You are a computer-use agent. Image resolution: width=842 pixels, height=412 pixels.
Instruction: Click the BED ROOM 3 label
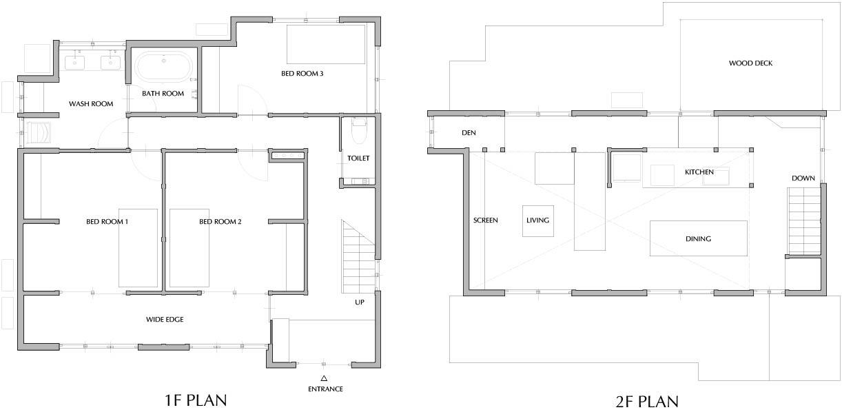click(x=302, y=73)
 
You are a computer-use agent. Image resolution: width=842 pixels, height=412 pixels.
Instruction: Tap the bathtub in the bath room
click(x=163, y=67)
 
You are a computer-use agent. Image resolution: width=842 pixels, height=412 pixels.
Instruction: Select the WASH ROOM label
click(x=91, y=104)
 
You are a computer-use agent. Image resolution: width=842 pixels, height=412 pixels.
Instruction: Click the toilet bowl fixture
click(x=359, y=131)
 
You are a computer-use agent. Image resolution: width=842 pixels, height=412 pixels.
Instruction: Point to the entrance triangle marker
click(x=324, y=378)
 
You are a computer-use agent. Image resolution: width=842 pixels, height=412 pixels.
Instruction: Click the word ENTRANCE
click(x=325, y=389)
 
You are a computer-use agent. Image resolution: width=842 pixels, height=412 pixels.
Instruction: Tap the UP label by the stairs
click(x=360, y=302)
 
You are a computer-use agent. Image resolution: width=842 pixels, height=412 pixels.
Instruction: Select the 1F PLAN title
click(x=196, y=401)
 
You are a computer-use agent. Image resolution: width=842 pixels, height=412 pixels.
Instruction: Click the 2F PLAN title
click(x=647, y=402)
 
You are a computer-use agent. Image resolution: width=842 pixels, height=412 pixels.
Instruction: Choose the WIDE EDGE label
click(x=165, y=320)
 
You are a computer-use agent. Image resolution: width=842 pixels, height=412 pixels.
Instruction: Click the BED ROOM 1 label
click(x=107, y=222)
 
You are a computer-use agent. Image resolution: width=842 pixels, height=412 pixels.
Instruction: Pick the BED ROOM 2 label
click(x=220, y=222)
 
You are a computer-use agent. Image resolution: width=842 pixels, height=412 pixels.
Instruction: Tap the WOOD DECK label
click(x=750, y=63)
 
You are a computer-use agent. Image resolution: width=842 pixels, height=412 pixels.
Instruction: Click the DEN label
click(x=469, y=133)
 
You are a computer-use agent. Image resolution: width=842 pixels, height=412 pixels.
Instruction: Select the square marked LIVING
click(x=538, y=221)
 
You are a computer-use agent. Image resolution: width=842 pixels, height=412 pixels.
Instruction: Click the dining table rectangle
click(x=699, y=238)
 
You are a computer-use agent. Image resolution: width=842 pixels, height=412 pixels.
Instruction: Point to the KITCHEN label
click(x=699, y=172)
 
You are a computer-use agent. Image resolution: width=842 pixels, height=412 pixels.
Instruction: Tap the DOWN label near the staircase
click(x=803, y=178)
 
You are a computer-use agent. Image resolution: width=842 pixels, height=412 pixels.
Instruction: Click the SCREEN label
click(x=486, y=220)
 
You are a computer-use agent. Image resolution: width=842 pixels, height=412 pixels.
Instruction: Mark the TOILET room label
click(x=358, y=158)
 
